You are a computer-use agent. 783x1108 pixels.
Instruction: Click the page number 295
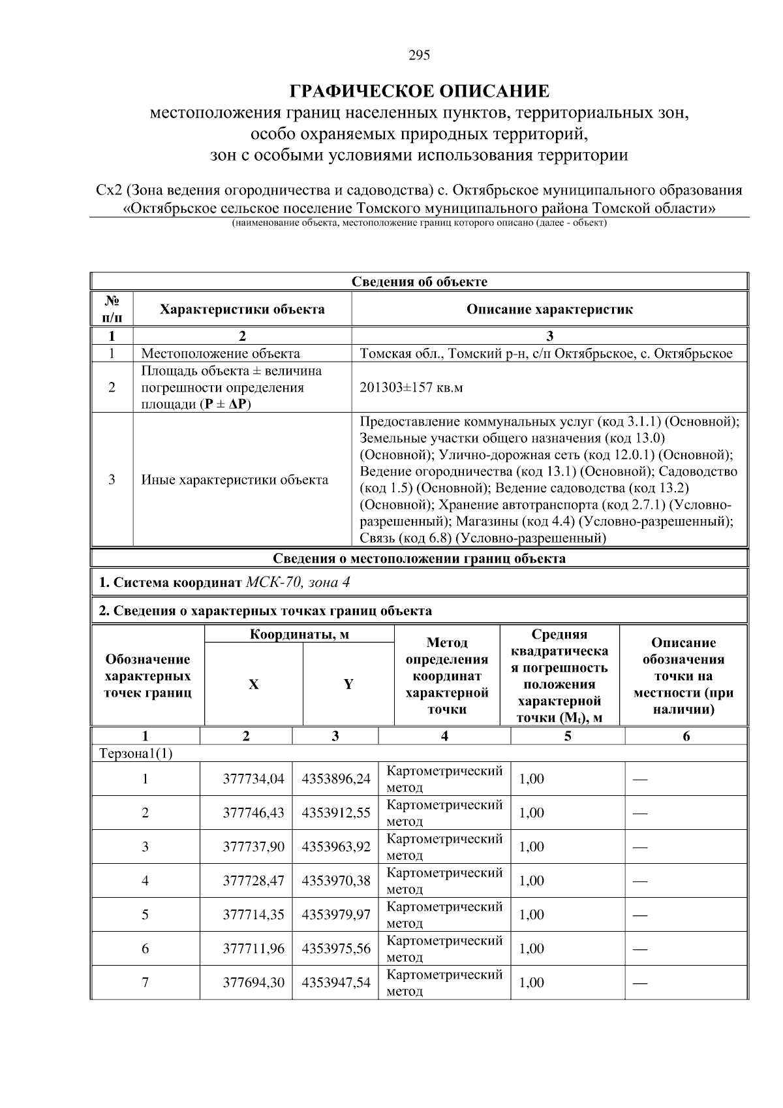(419, 55)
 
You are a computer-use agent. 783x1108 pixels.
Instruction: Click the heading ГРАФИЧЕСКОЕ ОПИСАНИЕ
(419, 91)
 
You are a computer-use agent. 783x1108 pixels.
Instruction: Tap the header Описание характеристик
(549, 309)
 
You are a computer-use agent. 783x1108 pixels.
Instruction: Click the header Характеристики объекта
(242, 309)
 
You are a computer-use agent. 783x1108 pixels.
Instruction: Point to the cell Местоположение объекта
(221, 354)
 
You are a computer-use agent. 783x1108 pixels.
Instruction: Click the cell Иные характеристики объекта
(235, 480)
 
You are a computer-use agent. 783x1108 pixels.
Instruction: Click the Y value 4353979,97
(335, 915)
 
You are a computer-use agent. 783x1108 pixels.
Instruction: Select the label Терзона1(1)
(136, 753)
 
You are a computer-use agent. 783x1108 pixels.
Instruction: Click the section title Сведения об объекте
(419, 282)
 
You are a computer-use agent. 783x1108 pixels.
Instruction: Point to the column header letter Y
(348, 684)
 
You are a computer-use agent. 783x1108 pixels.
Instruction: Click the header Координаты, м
(299, 635)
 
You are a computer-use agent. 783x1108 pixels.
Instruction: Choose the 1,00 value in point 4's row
(531, 881)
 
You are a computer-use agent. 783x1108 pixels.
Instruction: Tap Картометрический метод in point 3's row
(444, 847)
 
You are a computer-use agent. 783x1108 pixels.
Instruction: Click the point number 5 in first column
(145, 915)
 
